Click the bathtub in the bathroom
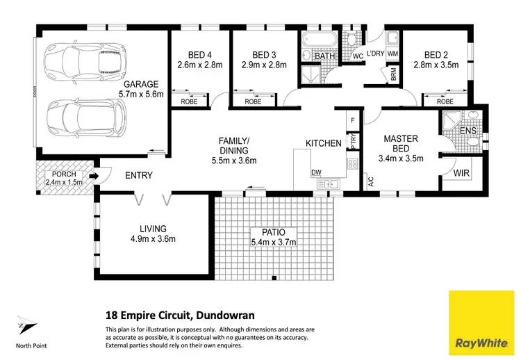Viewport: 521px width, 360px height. (x=318, y=38)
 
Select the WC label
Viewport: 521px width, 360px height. (x=358, y=56)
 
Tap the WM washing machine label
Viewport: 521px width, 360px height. (x=392, y=54)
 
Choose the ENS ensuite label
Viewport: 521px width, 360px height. (x=468, y=131)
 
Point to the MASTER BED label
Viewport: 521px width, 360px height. (x=401, y=144)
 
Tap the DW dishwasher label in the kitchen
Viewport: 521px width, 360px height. (x=315, y=172)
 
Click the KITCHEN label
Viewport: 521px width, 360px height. (x=324, y=143)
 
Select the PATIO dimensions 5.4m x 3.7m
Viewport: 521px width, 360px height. (x=274, y=242)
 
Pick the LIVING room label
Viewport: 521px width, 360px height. (x=152, y=228)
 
